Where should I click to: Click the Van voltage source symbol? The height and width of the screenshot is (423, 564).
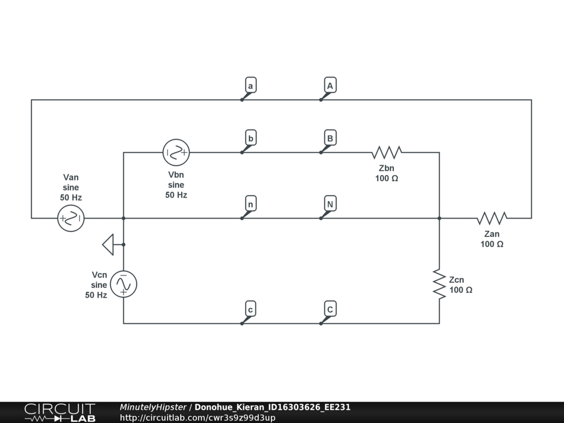[71, 218]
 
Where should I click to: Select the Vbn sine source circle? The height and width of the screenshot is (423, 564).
[176, 153]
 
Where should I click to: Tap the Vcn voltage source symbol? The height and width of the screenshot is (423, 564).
[123, 284]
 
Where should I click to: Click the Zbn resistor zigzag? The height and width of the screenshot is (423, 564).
[387, 153]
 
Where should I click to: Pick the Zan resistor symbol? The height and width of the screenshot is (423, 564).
[492, 218]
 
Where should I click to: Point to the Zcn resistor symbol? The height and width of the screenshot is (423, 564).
[439, 284]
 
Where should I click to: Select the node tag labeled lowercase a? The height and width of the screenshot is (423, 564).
[251, 86]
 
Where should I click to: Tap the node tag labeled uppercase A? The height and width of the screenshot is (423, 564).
[330, 86]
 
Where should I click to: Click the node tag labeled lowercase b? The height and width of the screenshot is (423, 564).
[251, 138]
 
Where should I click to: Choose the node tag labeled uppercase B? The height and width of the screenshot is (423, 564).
[330, 138]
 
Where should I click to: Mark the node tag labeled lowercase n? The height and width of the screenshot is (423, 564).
[251, 204]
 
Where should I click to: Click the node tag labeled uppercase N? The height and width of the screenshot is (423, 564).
[330, 204]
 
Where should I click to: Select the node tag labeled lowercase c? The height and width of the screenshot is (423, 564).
[251, 310]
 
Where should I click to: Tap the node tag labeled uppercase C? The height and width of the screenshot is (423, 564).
[330, 310]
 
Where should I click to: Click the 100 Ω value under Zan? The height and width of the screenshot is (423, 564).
[492, 244]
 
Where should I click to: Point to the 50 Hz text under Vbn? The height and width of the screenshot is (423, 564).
[176, 195]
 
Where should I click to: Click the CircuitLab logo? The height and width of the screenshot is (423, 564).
[59, 412]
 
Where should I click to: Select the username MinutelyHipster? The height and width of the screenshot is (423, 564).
[153, 408]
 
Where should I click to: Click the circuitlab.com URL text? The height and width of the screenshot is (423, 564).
[198, 417]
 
